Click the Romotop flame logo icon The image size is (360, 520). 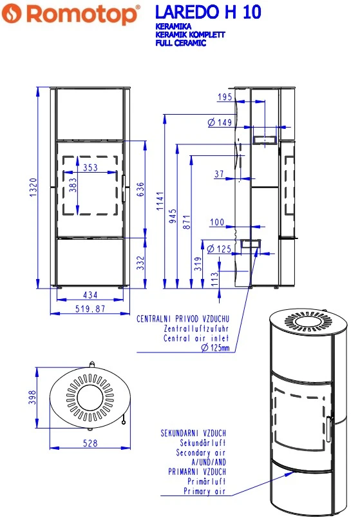(12, 14)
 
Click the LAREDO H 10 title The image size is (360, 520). (208, 12)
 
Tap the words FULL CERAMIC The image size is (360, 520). (181, 43)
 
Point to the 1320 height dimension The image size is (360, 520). (33, 188)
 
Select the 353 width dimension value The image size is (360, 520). (90, 168)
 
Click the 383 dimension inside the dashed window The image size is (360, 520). (73, 185)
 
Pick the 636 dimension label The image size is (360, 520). (140, 189)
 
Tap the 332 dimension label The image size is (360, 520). (141, 263)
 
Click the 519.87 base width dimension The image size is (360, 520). (90, 309)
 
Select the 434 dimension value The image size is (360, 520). (90, 295)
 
